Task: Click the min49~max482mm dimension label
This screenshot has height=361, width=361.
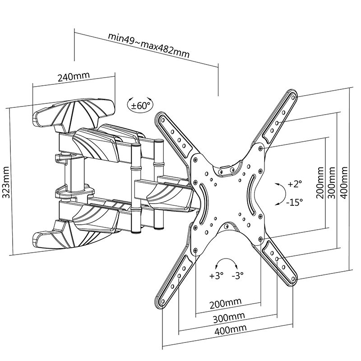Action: (x=148, y=45)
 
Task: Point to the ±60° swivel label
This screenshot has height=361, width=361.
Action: (x=140, y=106)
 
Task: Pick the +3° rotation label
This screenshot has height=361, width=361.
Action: (x=216, y=275)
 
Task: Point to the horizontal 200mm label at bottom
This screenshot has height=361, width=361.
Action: (x=226, y=302)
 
